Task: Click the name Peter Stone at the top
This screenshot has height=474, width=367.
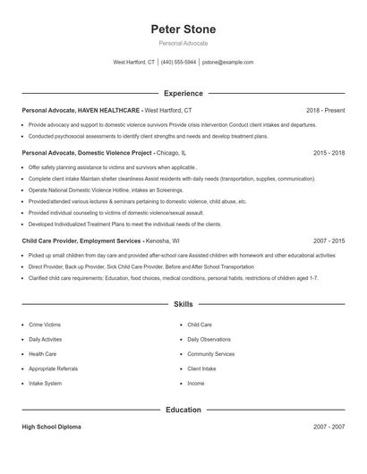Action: click(x=183, y=30)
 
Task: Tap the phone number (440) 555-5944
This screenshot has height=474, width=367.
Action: click(x=178, y=63)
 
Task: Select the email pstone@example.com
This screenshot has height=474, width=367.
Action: click(x=227, y=63)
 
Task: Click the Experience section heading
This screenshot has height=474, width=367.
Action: click(x=183, y=93)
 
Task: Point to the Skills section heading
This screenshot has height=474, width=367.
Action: click(x=183, y=304)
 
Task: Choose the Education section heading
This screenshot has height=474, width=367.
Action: click(x=183, y=410)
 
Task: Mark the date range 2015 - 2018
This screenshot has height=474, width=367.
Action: click(x=329, y=153)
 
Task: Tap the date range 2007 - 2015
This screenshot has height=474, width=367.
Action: click(x=329, y=241)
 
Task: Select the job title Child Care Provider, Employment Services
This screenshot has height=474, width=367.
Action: click(x=81, y=241)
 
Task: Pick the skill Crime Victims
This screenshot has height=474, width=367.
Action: click(x=46, y=325)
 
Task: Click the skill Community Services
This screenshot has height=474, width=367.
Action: click(x=211, y=354)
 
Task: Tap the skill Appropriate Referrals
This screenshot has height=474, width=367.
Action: click(x=52, y=368)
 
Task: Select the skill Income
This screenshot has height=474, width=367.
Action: click(x=196, y=383)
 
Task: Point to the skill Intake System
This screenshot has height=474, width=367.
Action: click(x=45, y=383)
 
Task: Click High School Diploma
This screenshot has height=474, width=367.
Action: click(x=51, y=427)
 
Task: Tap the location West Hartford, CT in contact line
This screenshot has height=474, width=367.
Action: click(x=133, y=63)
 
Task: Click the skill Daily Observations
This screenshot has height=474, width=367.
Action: click(x=209, y=340)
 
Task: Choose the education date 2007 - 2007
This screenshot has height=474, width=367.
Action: click(x=329, y=427)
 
